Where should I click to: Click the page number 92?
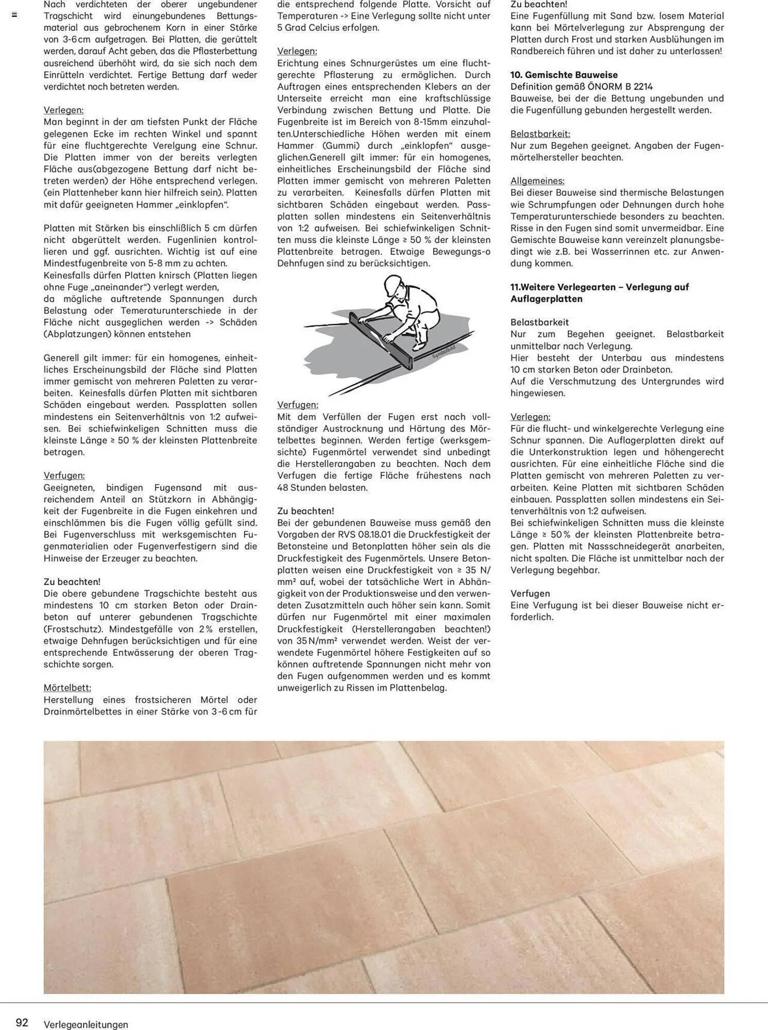point(22,1022)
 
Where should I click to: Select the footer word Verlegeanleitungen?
point(86,1024)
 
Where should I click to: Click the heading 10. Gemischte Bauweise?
point(564,75)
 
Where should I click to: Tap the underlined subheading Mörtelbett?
point(67,688)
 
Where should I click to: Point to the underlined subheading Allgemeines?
point(537,181)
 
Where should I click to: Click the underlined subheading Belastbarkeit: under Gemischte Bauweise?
point(540,134)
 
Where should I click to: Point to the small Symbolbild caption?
point(443,353)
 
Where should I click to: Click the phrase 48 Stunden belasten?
point(322,487)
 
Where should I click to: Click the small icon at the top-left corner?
point(14,15)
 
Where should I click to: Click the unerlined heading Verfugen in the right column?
point(530,593)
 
